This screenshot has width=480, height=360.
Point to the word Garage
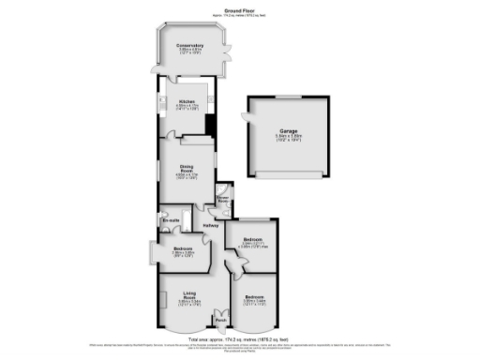pyautogui.click(x=290, y=131)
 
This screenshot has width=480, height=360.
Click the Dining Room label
pyautogui.click(x=187, y=169)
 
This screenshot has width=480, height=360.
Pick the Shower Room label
pyautogui.click(x=223, y=199)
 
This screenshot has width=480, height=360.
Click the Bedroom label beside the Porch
pyautogui.click(x=254, y=297)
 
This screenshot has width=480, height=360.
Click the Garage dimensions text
pyautogui.click(x=290, y=138)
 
